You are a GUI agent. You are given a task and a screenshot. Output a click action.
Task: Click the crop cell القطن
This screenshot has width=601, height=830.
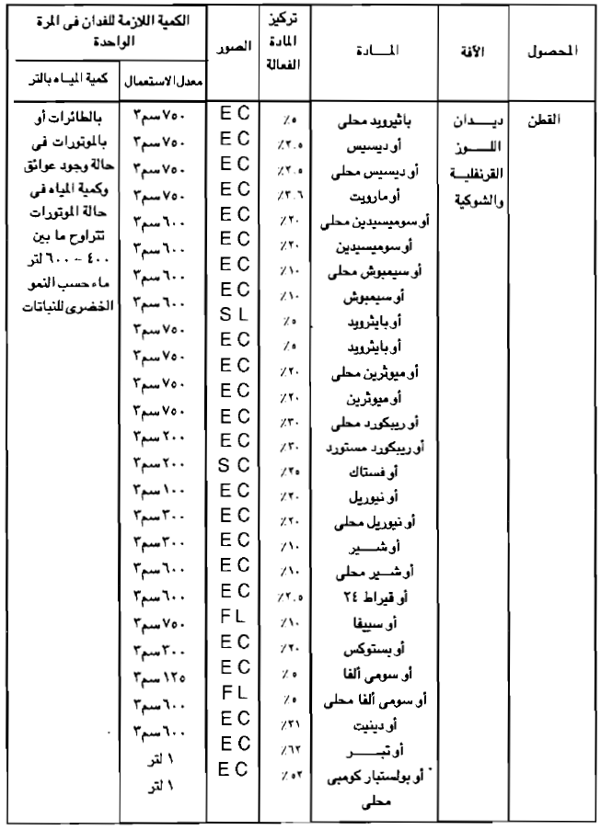point(542,119)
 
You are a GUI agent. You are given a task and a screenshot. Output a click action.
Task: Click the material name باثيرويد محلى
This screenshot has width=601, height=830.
point(376,119)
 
